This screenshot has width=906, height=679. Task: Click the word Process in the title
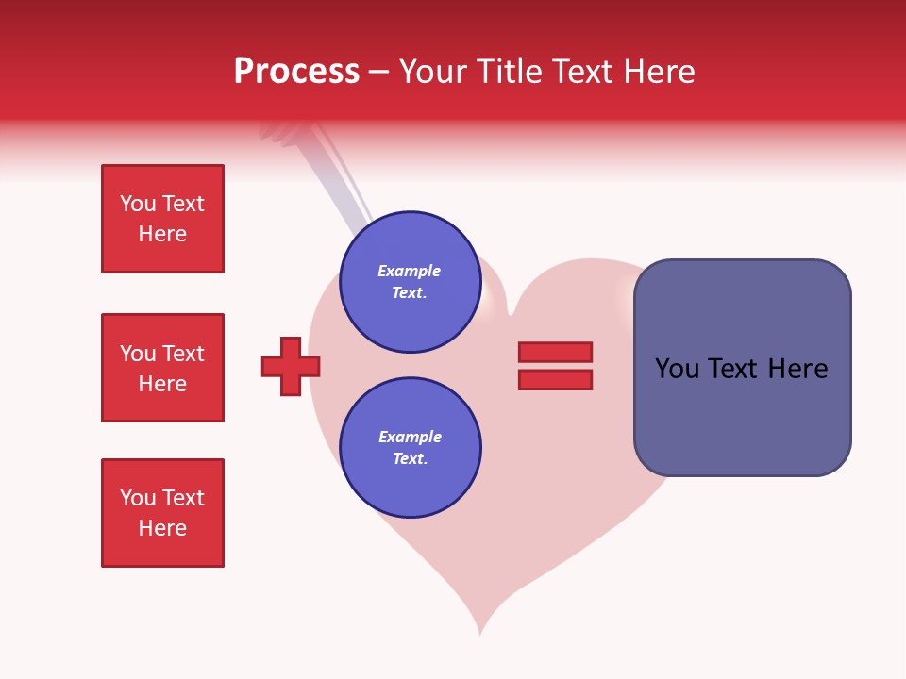click(x=296, y=72)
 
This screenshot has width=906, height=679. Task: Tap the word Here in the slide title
click(x=658, y=72)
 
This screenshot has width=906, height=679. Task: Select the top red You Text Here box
click(x=162, y=219)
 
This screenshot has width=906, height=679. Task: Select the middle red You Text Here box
click(x=162, y=368)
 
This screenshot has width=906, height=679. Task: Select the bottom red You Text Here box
click(x=162, y=513)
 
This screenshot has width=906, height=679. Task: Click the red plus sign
click(x=291, y=366)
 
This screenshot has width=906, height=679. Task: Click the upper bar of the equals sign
click(x=555, y=352)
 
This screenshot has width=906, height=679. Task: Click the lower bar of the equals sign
click(x=555, y=380)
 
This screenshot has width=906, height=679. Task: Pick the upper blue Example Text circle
click(x=410, y=282)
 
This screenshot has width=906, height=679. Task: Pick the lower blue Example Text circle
click(x=410, y=447)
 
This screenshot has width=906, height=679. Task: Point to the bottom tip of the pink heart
click(x=480, y=630)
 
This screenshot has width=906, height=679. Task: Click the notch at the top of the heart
click(x=511, y=311)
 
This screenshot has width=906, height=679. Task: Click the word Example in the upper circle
click(x=410, y=271)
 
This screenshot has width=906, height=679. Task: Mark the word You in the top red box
click(x=137, y=204)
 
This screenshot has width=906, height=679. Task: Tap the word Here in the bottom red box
click(x=162, y=528)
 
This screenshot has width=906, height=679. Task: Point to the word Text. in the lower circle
click(x=410, y=458)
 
